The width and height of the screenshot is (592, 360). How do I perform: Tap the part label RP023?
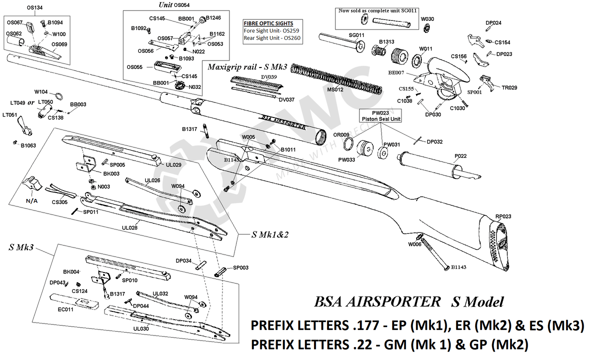503,216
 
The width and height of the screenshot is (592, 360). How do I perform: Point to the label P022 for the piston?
460,156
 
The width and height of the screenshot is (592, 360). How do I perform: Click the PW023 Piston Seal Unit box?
380,116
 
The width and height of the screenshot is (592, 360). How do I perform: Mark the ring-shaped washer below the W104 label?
59,96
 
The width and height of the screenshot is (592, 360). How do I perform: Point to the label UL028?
130,228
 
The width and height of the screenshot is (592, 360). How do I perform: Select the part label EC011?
65,310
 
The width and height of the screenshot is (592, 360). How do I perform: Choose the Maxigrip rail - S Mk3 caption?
247,67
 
